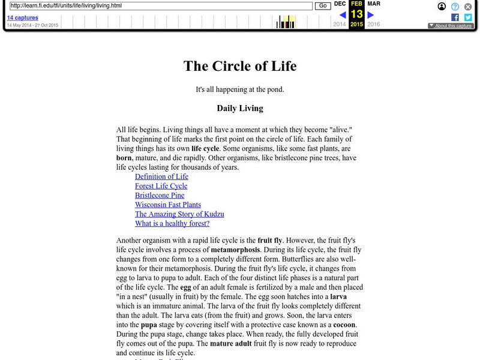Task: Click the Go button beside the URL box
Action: [322, 6]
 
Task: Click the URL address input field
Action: [161, 6]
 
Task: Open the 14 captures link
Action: [22, 18]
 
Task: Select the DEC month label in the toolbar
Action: [340, 4]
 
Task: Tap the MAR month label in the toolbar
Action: [373, 4]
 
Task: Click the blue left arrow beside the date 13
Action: [342, 14]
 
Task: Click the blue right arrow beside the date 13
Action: [371, 14]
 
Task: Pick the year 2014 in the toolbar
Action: [340, 25]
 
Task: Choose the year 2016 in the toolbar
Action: [373, 25]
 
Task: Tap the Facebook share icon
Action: [455, 17]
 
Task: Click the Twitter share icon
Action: [468, 17]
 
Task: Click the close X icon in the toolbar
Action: [468, 7]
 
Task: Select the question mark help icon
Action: [455, 7]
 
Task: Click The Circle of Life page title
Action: [240, 65]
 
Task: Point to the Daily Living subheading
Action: [240, 109]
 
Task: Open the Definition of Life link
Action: [161, 176]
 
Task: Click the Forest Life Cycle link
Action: [161, 186]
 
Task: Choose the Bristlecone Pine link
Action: [160, 196]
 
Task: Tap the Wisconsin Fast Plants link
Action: [168, 205]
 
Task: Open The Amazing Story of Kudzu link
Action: [179, 214]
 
